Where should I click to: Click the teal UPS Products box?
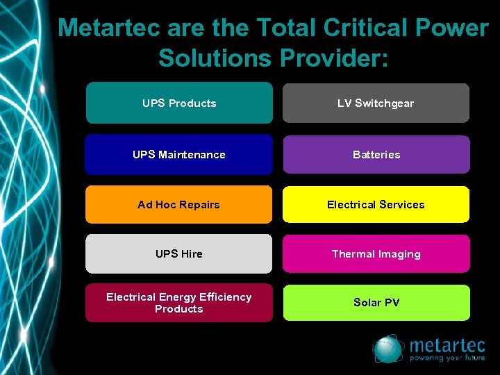point(179,103)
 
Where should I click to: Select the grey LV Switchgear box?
point(376,103)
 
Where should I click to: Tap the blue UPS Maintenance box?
point(179,154)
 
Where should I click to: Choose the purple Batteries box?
point(376,154)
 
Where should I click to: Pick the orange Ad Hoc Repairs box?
point(179,204)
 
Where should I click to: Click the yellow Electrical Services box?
point(376,204)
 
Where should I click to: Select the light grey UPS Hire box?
point(179,253)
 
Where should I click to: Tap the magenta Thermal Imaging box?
point(376,253)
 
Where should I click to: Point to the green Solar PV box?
point(376,302)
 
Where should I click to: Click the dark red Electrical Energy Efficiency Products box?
point(179,303)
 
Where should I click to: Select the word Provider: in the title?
point(335,57)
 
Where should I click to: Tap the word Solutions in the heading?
point(216,57)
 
